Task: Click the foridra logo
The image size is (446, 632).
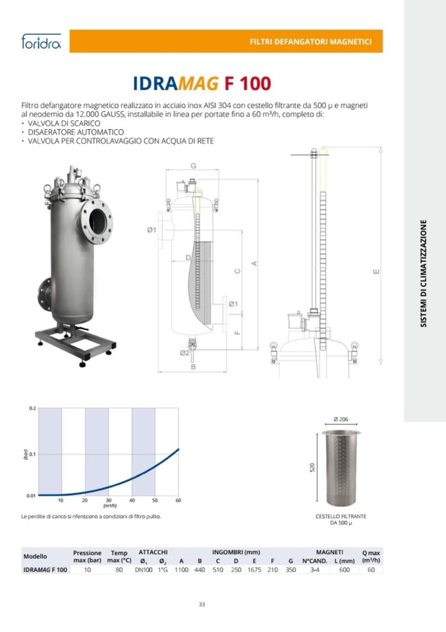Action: click(41, 41)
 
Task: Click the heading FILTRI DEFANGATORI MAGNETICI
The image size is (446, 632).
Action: click(311, 42)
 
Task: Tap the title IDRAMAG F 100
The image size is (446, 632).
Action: click(202, 83)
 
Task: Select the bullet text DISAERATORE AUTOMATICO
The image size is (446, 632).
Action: click(76, 132)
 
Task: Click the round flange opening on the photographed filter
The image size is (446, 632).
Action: click(98, 221)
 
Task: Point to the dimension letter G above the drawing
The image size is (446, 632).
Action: click(193, 166)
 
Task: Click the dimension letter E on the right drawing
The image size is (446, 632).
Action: click(376, 272)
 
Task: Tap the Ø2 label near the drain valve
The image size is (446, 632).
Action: click(184, 353)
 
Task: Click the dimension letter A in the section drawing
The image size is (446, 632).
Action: click(254, 264)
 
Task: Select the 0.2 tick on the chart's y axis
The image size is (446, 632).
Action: click(32, 409)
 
